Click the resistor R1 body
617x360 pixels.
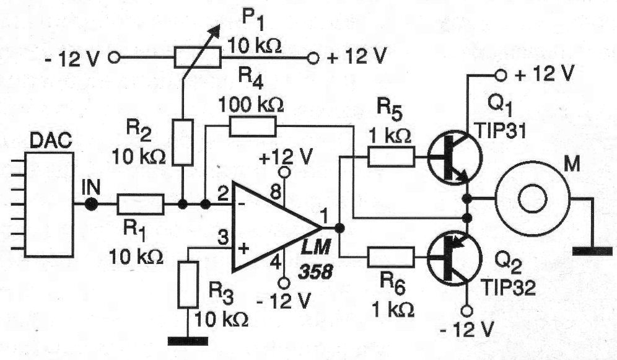(x=141, y=204)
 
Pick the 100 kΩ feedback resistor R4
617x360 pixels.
(x=252, y=127)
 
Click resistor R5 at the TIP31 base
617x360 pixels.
(x=391, y=156)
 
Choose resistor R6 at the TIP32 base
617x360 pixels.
(x=391, y=256)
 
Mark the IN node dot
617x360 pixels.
(x=91, y=204)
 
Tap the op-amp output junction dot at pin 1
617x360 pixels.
(x=339, y=227)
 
